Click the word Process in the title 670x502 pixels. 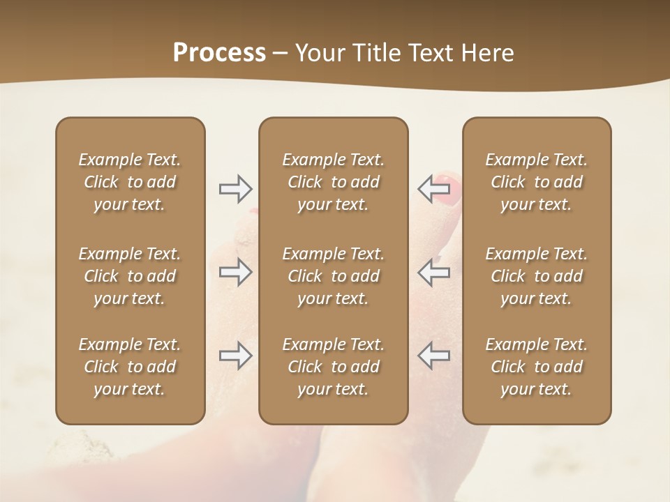pyautogui.click(x=219, y=53)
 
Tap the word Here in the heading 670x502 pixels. pyautogui.click(x=488, y=53)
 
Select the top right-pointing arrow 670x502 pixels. pyautogui.click(x=236, y=188)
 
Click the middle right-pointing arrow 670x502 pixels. pyautogui.click(x=236, y=272)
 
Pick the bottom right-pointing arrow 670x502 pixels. pyautogui.click(x=236, y=356)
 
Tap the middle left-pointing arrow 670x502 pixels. pyautogui.click(x=433, y=272)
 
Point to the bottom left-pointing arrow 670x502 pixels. pyautogui.click(x=433, y=356)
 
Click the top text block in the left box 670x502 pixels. pyautogui.click(x=130, y=182)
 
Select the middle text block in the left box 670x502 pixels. pyautogui.click(x=130, y=276)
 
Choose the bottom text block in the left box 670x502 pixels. pyautogui.click(x=130, y=367)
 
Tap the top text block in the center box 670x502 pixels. pyautogui.click(x=333, y=182)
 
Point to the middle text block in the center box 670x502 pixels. pyautogui.click(x=333, y=276)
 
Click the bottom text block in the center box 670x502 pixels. pyautogui.click(x=333, y=367)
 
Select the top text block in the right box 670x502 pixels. pyautogui.click(x=536, y=182)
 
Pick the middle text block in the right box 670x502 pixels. pyautogui.click(x=536, y=276)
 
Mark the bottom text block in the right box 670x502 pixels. pyautogui.click(x=536, y=367)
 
